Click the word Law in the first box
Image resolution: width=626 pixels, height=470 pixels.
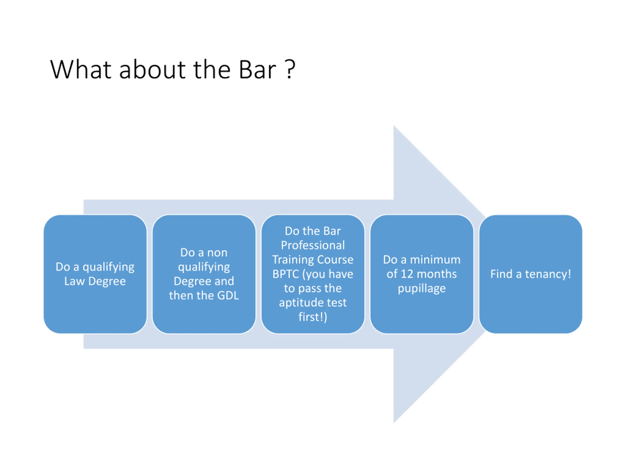[74, 281]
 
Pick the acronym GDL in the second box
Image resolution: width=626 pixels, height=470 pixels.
[228, 295]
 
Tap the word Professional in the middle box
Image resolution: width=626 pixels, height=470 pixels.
[313, 245]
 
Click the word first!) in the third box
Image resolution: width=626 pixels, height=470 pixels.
[313, 317]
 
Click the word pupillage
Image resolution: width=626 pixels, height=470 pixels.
[422, 289]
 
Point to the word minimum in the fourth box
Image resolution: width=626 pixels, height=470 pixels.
[435, 260]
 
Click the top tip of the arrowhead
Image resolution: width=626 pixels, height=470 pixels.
[394, 127]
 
